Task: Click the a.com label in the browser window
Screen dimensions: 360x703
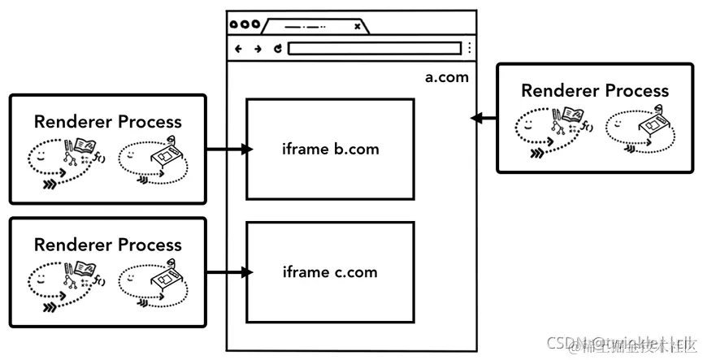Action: tap(446, 78)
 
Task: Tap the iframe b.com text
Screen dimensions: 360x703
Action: tap(330, 150)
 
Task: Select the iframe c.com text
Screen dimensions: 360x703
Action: tap(330, 272)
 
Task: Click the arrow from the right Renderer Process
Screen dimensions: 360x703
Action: tap(484, 119)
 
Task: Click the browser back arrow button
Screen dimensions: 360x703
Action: tap(238, 49)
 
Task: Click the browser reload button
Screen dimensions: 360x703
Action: tap(277, 49)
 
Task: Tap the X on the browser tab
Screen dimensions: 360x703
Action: tap(357, 27)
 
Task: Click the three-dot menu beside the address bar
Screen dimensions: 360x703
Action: tap(469, 49)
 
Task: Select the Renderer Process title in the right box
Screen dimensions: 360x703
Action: tap(595, 91)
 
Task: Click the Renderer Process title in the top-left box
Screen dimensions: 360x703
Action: tap(108, 122)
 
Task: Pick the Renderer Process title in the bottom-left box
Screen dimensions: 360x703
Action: tap(108, 245)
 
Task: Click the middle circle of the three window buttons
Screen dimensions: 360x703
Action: tap(245, 25)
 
